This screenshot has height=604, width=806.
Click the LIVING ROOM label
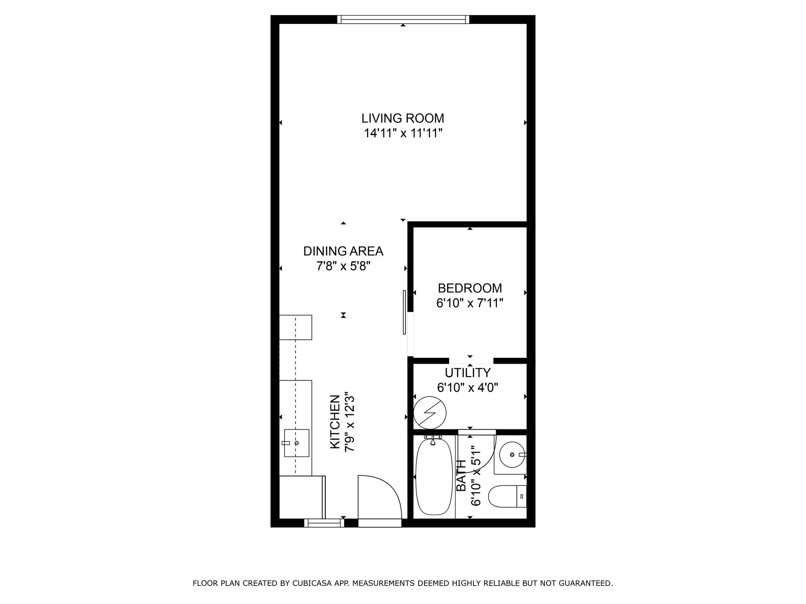(403, 118)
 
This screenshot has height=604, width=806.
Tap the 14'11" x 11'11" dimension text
(403, 133)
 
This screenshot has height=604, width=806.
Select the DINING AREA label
(343, 251)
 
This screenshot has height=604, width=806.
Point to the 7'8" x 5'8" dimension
(343, 266)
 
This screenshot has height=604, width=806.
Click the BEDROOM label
(470, 288)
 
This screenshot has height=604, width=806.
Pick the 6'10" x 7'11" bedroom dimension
(470, 303)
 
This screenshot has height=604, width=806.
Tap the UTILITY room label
(468, 372)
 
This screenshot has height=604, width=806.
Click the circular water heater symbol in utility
(430, 412)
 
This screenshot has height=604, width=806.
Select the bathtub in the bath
(434, 476)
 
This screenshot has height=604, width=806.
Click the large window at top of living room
(403, 19)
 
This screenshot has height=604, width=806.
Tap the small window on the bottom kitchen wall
(324, 523)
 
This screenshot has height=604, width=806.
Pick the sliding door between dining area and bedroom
(405, 312)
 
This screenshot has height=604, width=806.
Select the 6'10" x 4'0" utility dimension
(468, 388)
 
